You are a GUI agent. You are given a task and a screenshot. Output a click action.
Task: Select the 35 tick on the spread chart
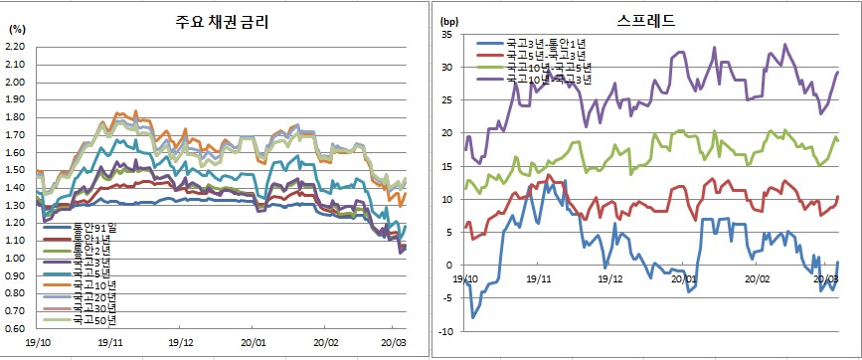(446, 35)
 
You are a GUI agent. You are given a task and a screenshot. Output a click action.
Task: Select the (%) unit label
(16, 29)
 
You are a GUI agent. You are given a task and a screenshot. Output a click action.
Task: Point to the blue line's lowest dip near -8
(473, 317)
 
